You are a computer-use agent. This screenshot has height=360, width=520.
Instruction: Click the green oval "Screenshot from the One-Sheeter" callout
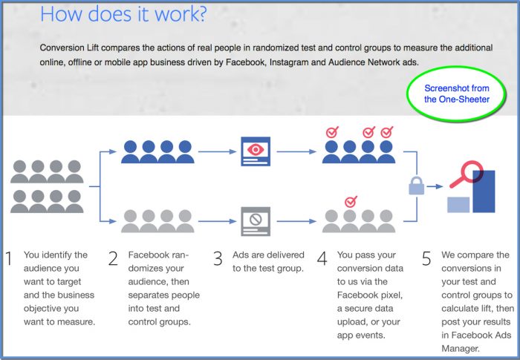pyautogui.click(x=457, y=94)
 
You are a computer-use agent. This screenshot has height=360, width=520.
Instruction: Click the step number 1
pyautogui.click(x=9, y=259)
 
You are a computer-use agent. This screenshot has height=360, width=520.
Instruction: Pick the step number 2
pyautogui.click(x=113, y=259)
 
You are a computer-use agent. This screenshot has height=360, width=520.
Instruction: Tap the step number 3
pyautogui.click(x=218, y=259)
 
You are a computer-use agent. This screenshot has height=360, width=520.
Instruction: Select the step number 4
pyautogui.click(x=322, y=259)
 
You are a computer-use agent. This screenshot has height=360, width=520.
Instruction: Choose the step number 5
pyautogui.click(x=426, y=259)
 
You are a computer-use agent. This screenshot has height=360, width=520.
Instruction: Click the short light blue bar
pyautogui.click(x=458, y=205)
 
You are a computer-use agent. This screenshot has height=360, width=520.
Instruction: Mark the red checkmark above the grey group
pyautogui.click(x=351, y=201)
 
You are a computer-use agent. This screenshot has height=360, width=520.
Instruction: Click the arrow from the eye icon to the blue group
pyautogui.click(x=293, y=151)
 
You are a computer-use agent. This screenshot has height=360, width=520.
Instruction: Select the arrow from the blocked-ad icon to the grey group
pyautogui.click(x=293, y=221)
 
